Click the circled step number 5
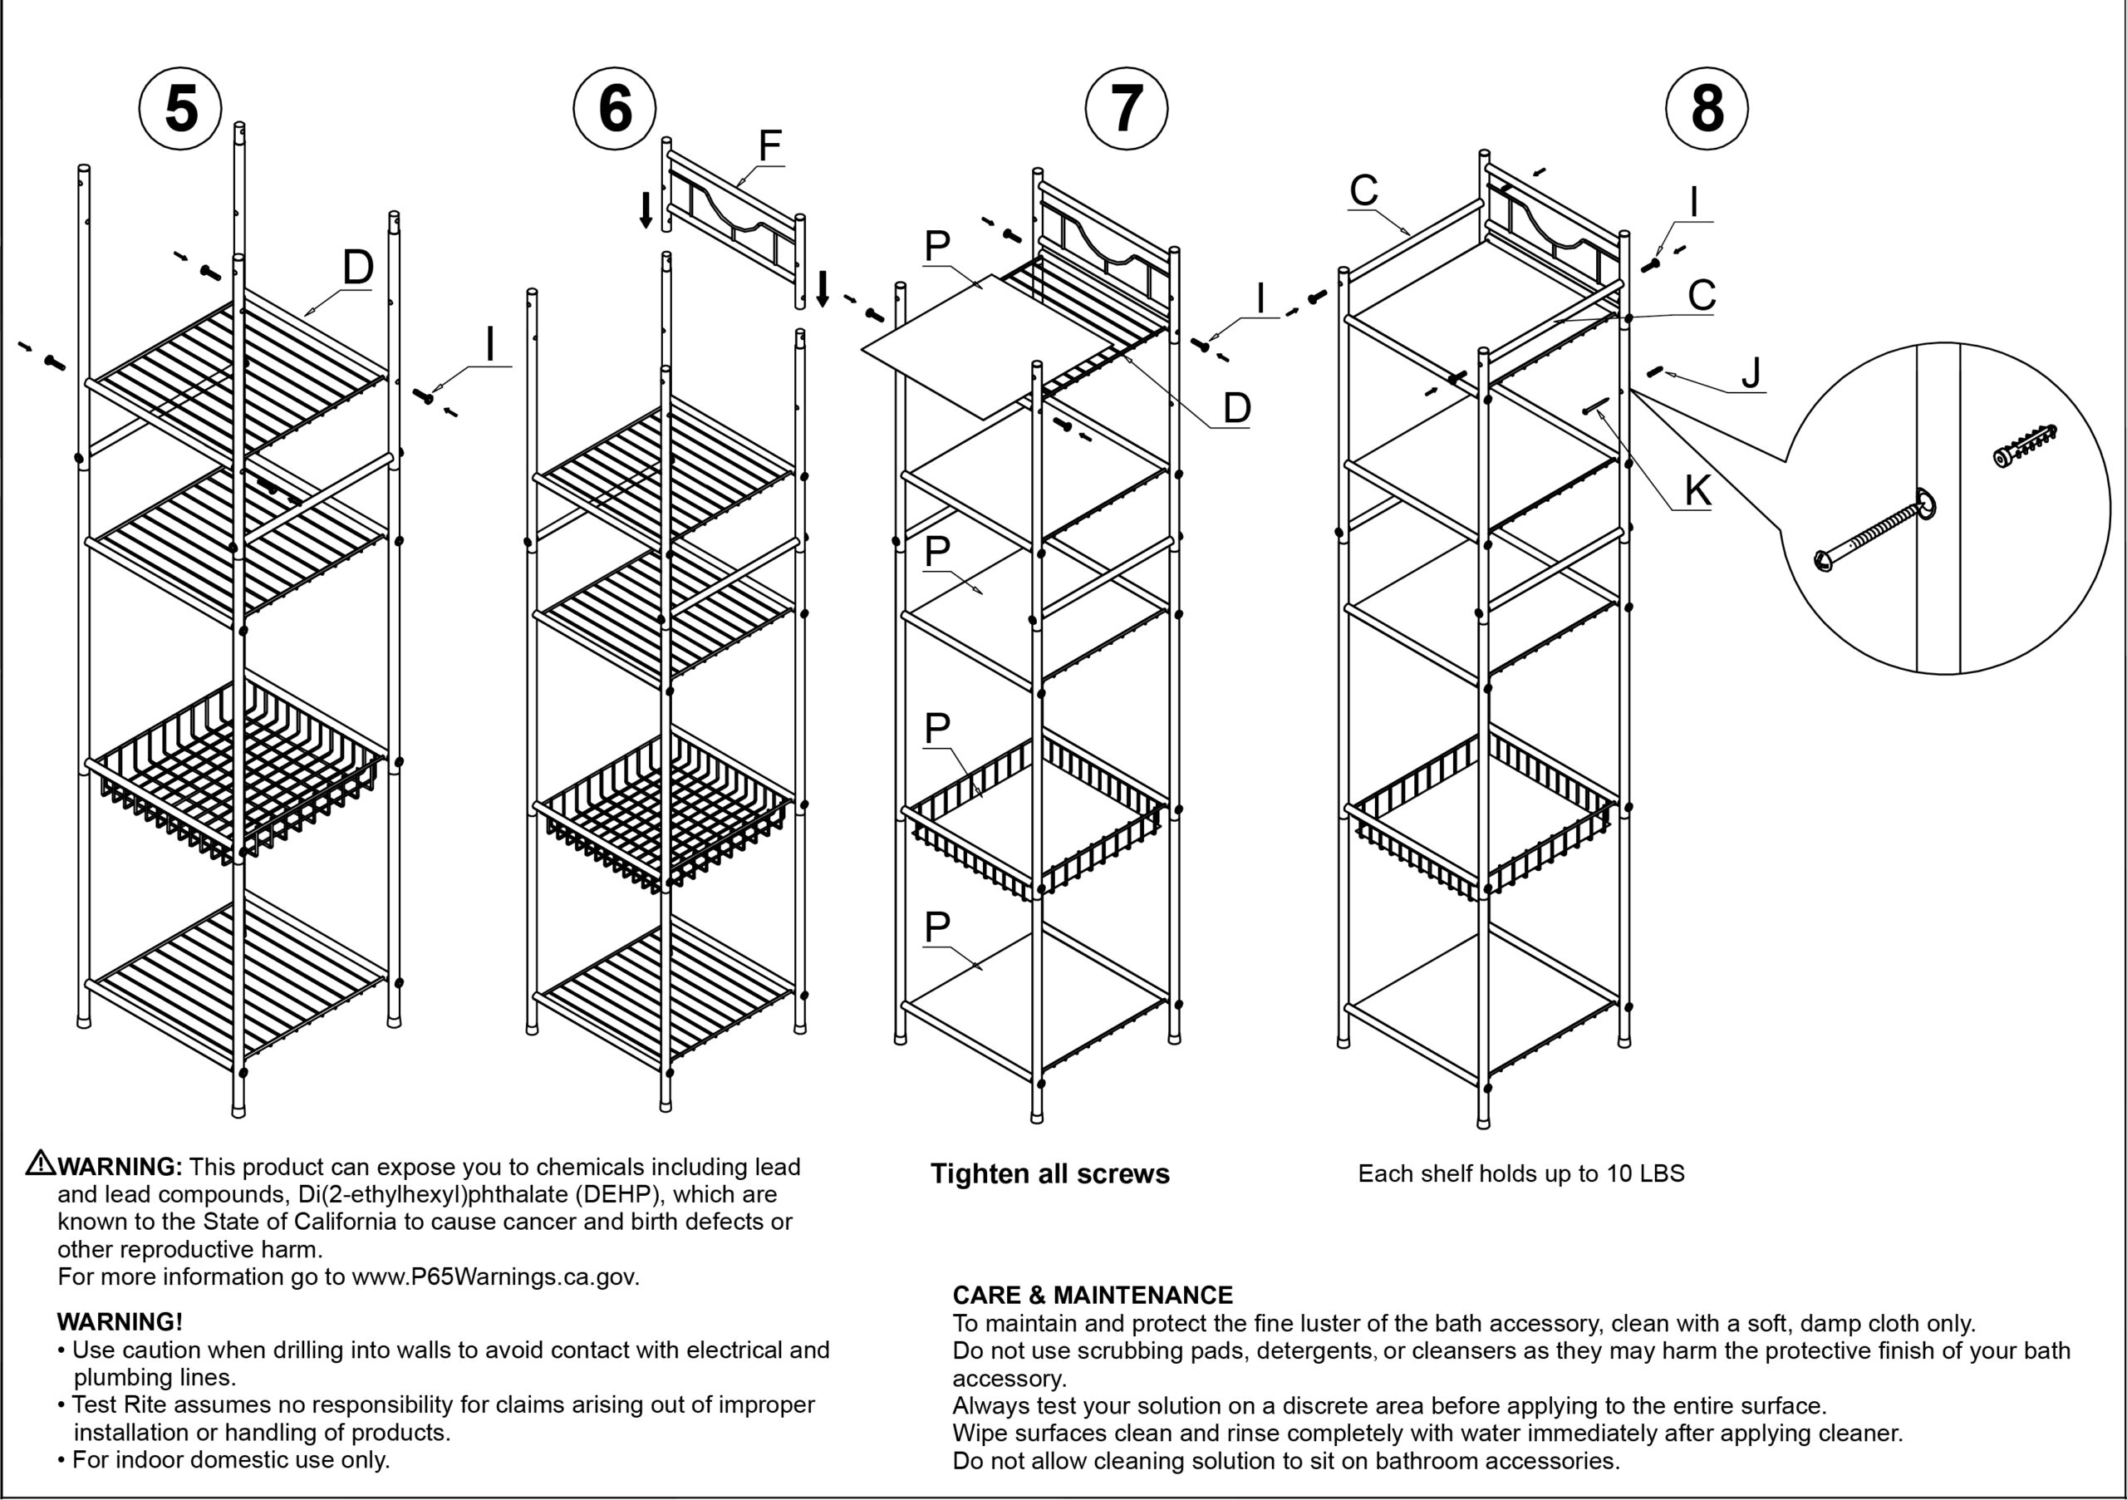click(x=180, y=108)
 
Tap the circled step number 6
click(x=615, y=108)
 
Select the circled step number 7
click(x=1127, y=108)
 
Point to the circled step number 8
click(x=1707, y=108)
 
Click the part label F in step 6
click(x=770, y=145)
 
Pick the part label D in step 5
click(x=357, y=267)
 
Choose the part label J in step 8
click(x=1750, y=372)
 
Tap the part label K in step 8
click(x=1697, y=490)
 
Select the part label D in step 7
click(x=1237, y=408)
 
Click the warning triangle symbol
click(x=40, y=1163)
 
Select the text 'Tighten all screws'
click(x=1049, y=1174)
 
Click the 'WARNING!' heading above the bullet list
click(x=120, y=1321)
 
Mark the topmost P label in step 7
click(x=936, y=245)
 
